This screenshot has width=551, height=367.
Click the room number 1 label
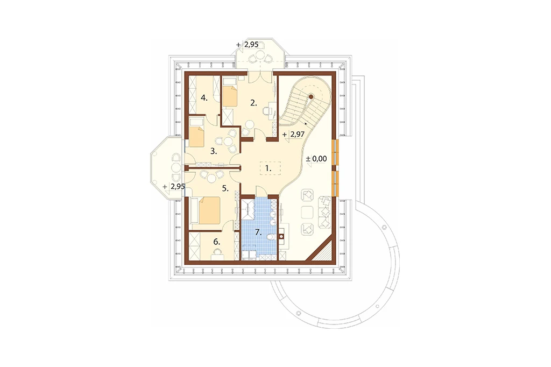[268, 168]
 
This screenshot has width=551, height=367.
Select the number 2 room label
[254, 103]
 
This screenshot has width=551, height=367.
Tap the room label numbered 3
[213, 152]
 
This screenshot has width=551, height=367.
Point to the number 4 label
[204, 98]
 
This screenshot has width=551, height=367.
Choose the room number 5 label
[225, 188]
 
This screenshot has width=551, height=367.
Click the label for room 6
[216, 242]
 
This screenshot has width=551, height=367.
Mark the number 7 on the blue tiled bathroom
[258, 232]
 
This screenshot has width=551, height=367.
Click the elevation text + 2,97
[293, 135]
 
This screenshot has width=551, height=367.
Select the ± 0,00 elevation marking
[316, 159]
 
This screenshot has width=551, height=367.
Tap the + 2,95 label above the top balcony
[248, 45]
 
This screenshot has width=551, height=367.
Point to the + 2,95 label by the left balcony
[174, 186]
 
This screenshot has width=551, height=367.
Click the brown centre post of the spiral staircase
[311, 96]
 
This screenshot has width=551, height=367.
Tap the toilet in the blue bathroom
[270, 238]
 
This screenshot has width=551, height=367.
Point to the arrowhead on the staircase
[306, 123]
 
